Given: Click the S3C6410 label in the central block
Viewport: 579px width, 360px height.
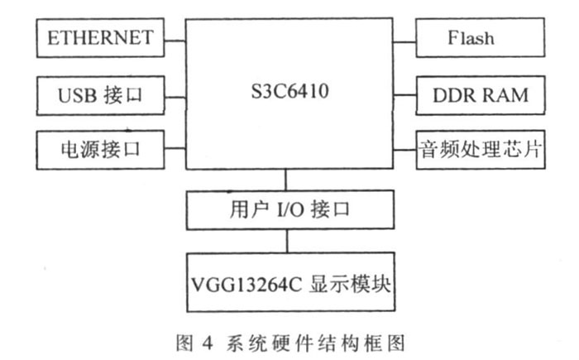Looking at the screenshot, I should click(288, 90).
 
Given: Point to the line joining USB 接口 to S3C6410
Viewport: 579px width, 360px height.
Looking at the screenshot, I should click(175, 94).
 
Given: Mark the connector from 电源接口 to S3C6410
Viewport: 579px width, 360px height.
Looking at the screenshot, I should click(175, 150).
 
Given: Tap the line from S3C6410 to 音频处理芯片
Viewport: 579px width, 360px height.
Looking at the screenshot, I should click(402, 150).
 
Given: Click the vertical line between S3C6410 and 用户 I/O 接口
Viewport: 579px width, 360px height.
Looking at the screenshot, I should click(287, 180).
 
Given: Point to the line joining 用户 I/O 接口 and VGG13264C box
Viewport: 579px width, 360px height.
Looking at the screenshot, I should click(287, 241).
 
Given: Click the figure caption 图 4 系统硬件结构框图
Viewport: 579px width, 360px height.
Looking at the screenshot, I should click(288, 338).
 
